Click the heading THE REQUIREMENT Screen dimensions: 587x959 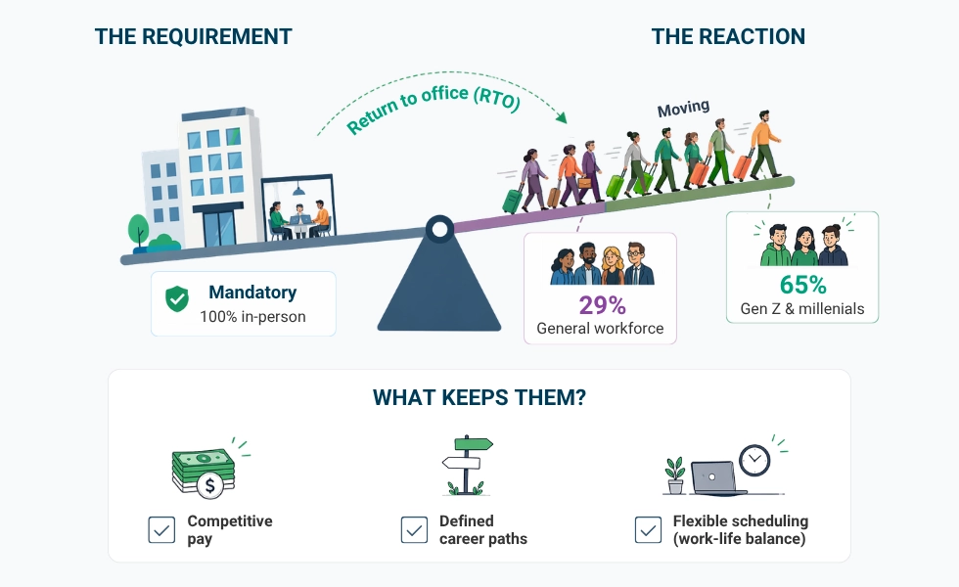[193, 37]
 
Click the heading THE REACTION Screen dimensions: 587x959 [728, 37]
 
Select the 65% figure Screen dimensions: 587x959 [802, 285]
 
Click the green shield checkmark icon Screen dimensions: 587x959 [177, 299]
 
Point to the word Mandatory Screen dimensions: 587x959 [252, 293]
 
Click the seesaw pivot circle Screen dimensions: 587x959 [439, 230]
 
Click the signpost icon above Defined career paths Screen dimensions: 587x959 [467, 465]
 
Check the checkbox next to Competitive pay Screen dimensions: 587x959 [161, 529]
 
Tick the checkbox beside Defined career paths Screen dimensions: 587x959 [414, 529]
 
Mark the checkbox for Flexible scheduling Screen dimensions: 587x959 [648, 529]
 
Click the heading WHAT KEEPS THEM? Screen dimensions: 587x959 [479, 398]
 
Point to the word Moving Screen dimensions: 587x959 [683, 109]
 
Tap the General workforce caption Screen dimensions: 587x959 [600, 329]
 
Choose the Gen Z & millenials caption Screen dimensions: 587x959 [802, 309]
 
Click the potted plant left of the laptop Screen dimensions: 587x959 [675, 474]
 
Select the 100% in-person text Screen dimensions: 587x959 [252, 317]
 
